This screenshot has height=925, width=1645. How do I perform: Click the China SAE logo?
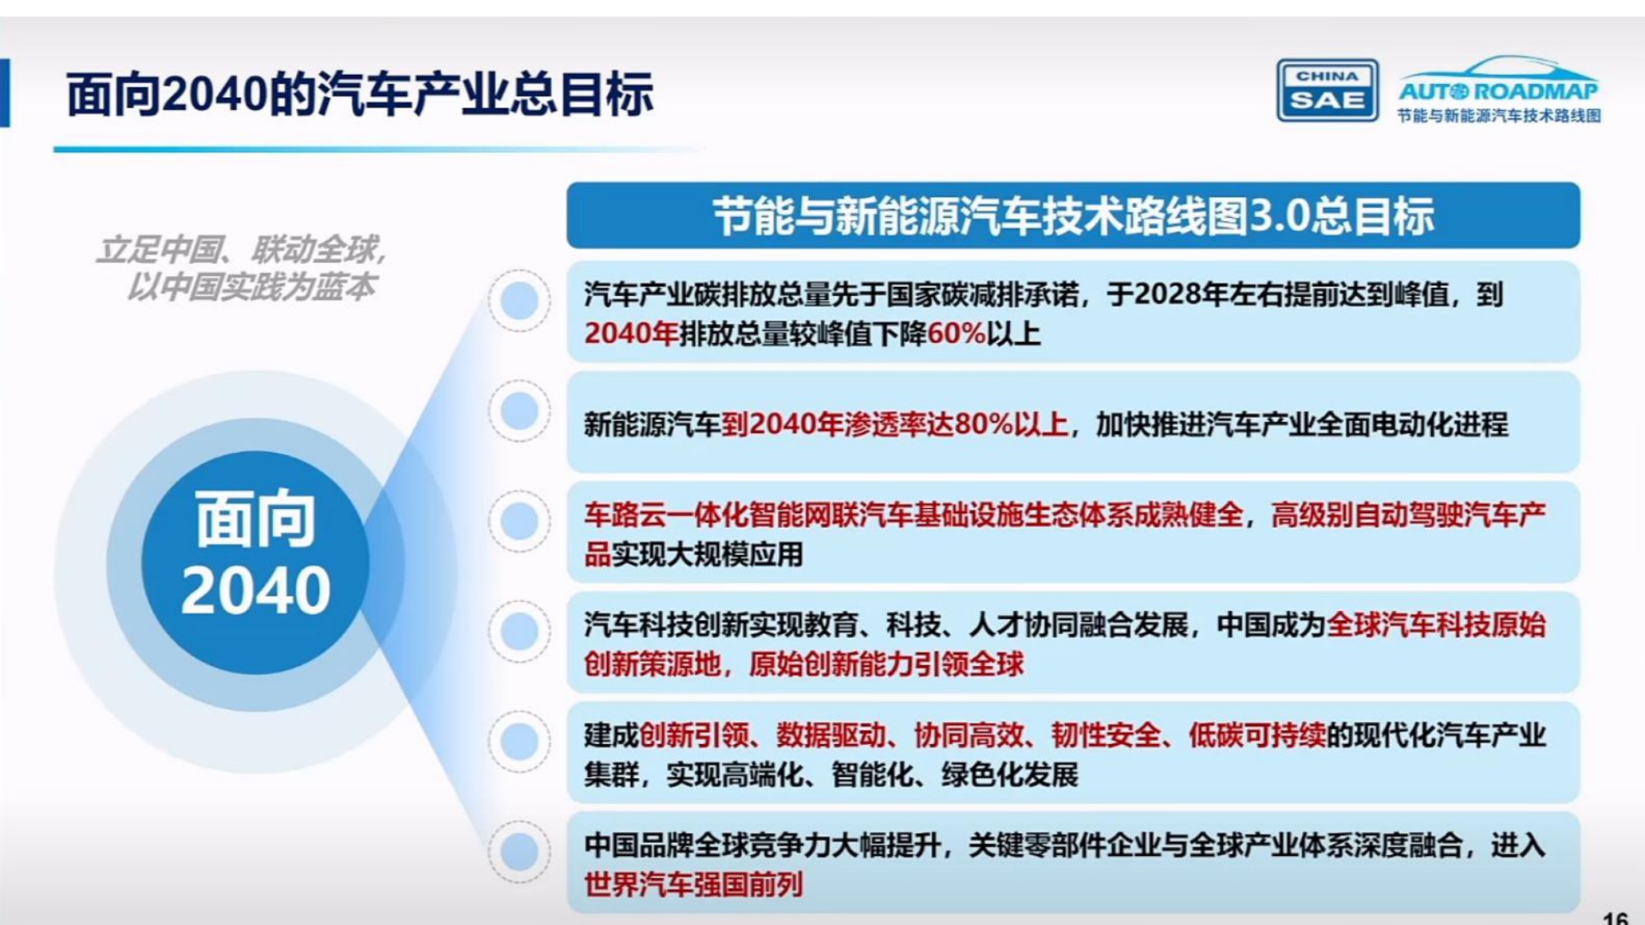[x=1327, y=90]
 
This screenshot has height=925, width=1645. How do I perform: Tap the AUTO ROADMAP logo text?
[x=1499, y=90]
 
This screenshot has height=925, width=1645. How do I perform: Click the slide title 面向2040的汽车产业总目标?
[x=359, y=94]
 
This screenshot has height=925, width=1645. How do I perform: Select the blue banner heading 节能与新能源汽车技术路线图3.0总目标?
[x=1073, y=216]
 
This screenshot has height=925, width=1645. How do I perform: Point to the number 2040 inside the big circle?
[x=256, y=590]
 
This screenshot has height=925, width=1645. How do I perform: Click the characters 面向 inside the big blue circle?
[x=256, y=520]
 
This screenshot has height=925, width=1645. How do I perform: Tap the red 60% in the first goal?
[x=956, y=334]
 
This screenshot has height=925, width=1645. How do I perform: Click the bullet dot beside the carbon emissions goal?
[x=519, y=301]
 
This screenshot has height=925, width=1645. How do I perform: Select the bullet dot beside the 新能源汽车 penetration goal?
[x=519, y=410]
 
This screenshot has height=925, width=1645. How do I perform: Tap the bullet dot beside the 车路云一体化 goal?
[x=519, y=520]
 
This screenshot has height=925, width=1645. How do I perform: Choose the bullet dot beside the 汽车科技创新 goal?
[x=519, y=631]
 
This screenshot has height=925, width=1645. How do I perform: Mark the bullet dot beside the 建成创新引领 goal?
[x=519, y=741]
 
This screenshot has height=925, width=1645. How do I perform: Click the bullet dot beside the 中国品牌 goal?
[x=519, y=851]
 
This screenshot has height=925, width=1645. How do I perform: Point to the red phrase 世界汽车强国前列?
[x=693, y=885]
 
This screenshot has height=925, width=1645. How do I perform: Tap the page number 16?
[x=1615, y=918]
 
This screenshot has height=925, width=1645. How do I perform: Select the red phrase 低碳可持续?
[x=1257, y=735]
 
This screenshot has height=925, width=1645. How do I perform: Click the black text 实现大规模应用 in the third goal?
[x=707, y=555]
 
